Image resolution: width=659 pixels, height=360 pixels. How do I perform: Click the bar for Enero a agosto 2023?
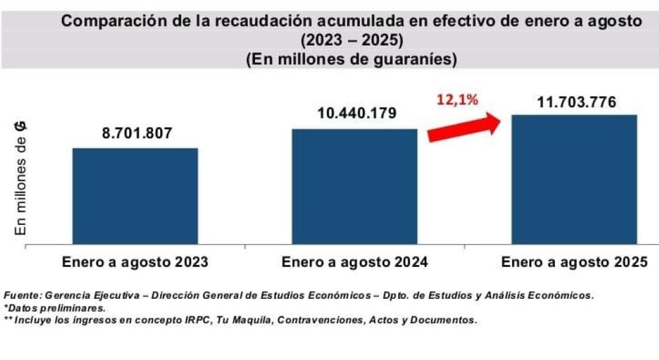[x=135, y=196]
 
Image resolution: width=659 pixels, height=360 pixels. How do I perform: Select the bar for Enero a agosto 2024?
[x=355, y=187]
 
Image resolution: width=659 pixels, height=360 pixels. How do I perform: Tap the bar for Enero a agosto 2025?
[x=574, y=179]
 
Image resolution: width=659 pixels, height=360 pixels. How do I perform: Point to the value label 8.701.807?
[x=136, y=133]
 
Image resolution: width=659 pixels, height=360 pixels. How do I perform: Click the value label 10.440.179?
[x=357, y=113]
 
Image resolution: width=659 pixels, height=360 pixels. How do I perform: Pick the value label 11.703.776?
[x=575, y=102]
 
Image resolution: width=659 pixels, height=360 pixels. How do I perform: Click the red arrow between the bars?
[x=463, y=126]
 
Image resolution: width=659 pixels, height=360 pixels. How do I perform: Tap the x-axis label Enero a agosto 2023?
[x=136, y=262]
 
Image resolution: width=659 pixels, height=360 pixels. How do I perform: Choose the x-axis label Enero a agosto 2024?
[x=355, y=262]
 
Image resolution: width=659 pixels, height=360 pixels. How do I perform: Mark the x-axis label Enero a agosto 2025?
[x=575, y=262]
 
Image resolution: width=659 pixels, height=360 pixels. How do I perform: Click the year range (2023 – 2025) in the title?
[x=351, y=40]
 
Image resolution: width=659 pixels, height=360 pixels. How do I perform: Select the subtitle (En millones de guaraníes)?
[x=351, y=59]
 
